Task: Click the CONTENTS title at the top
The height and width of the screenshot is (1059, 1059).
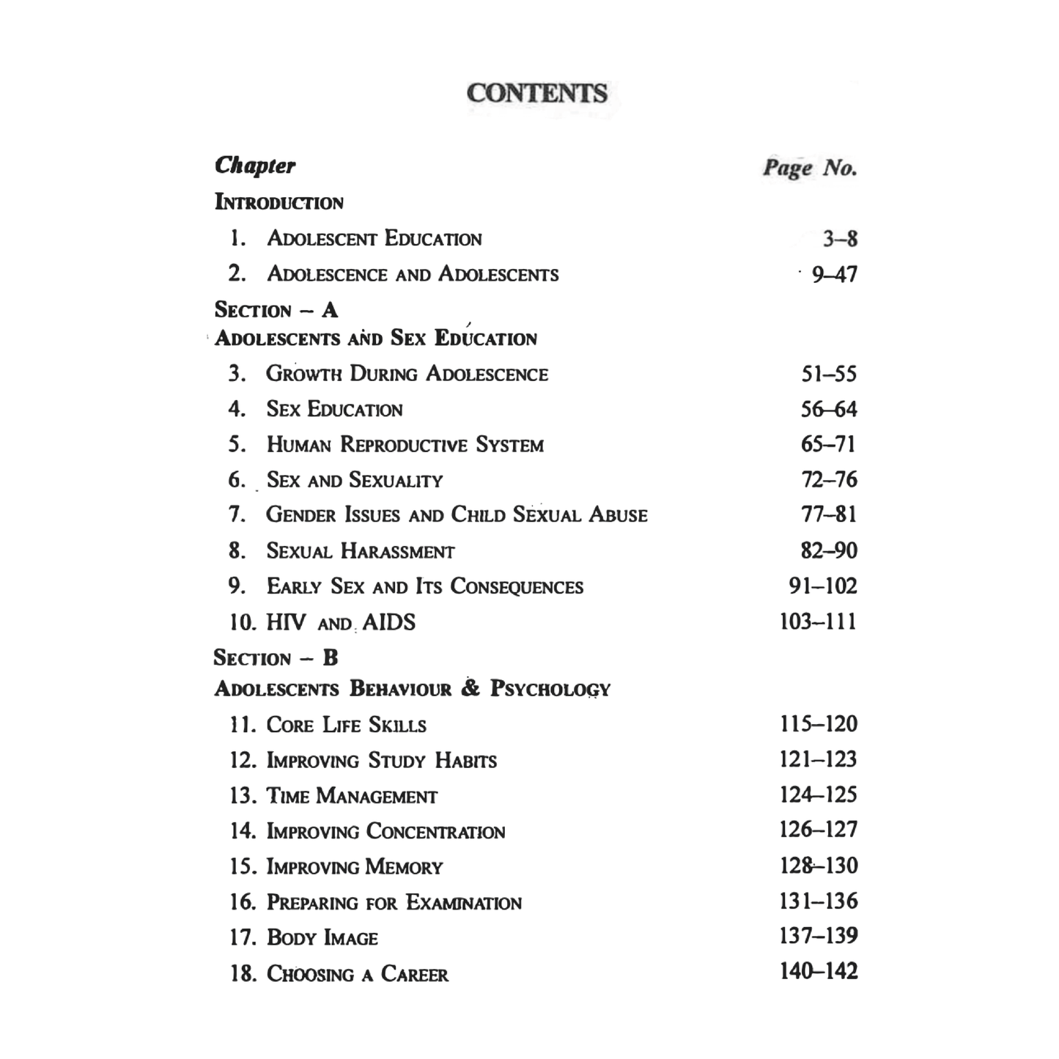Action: coord(536,93)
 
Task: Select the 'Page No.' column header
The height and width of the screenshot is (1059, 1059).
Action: coord(810,168)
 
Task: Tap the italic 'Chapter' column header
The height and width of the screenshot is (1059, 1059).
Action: coord(255,166)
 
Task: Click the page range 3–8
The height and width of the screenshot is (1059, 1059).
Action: coord(840,239)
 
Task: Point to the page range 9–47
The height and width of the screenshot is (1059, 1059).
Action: coord(834,275)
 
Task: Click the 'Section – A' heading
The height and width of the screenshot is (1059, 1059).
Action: coord(276,310)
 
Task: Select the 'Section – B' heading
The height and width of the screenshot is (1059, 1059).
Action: coord(276,658)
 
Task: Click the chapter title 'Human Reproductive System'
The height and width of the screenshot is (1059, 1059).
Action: coord(405,445)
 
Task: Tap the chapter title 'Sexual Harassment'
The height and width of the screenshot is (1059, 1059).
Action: coord(360,551)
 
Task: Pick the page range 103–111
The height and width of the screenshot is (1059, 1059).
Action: coord(818,622)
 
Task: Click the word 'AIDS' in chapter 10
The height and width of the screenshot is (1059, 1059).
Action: coord(389,623)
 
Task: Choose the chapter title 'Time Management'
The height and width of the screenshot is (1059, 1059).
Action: coord(352,796)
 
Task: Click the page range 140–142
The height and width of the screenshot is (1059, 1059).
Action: coord(818,972)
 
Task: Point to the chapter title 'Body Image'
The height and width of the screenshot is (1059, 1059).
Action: coord(322,938)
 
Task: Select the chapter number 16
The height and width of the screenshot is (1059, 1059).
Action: coord(243,902)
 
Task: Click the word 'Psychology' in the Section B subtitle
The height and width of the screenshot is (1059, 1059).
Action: coord(550,689)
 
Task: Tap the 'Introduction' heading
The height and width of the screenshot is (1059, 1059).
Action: coord(278,202)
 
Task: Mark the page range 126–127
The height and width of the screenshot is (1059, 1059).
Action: coord(818,830)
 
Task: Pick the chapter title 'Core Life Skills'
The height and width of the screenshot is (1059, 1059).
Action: coord(346,726)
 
